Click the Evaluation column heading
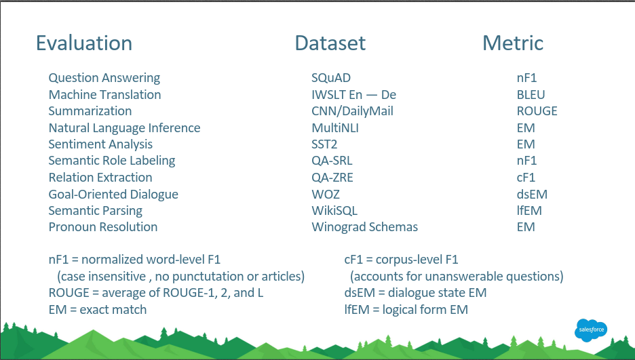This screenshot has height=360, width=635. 84,43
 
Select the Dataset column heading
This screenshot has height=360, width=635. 330,43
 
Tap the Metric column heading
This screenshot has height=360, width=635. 513,43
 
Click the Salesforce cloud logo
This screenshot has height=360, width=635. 591,330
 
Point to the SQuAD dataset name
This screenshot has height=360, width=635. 331,78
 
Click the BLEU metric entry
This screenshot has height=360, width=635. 531,95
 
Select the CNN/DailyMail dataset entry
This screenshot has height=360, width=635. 352,111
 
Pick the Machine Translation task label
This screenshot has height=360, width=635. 105,95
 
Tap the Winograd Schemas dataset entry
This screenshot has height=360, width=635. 364,227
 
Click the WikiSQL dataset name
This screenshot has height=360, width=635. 334,211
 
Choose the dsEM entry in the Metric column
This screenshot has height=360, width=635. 532,194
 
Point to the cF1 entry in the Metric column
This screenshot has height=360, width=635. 526,178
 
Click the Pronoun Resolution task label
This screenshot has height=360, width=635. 103,227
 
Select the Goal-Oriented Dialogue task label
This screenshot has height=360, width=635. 113,194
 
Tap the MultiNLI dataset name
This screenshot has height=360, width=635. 335,128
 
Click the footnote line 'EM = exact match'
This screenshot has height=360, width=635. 98,310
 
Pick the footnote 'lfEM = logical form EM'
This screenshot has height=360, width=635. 406,310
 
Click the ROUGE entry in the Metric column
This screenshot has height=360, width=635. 537,111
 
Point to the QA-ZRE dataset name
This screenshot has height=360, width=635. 332,178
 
